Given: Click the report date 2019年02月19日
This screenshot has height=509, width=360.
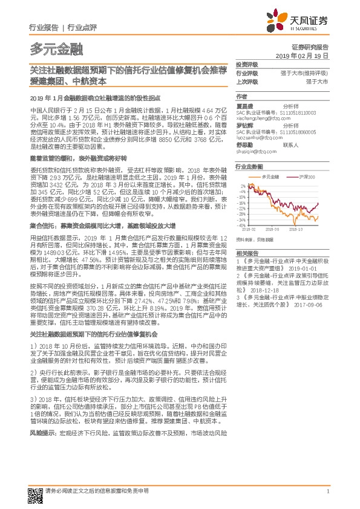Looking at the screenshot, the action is tap(306, 55).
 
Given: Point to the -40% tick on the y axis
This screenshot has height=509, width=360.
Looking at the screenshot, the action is tap(241, 225).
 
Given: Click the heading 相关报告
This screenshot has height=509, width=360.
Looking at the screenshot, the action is tap(246, 253).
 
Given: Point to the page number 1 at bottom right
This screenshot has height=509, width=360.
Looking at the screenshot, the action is tap(327, 491).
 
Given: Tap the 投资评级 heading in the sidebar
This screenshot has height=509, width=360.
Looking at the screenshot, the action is tap(246, 64).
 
